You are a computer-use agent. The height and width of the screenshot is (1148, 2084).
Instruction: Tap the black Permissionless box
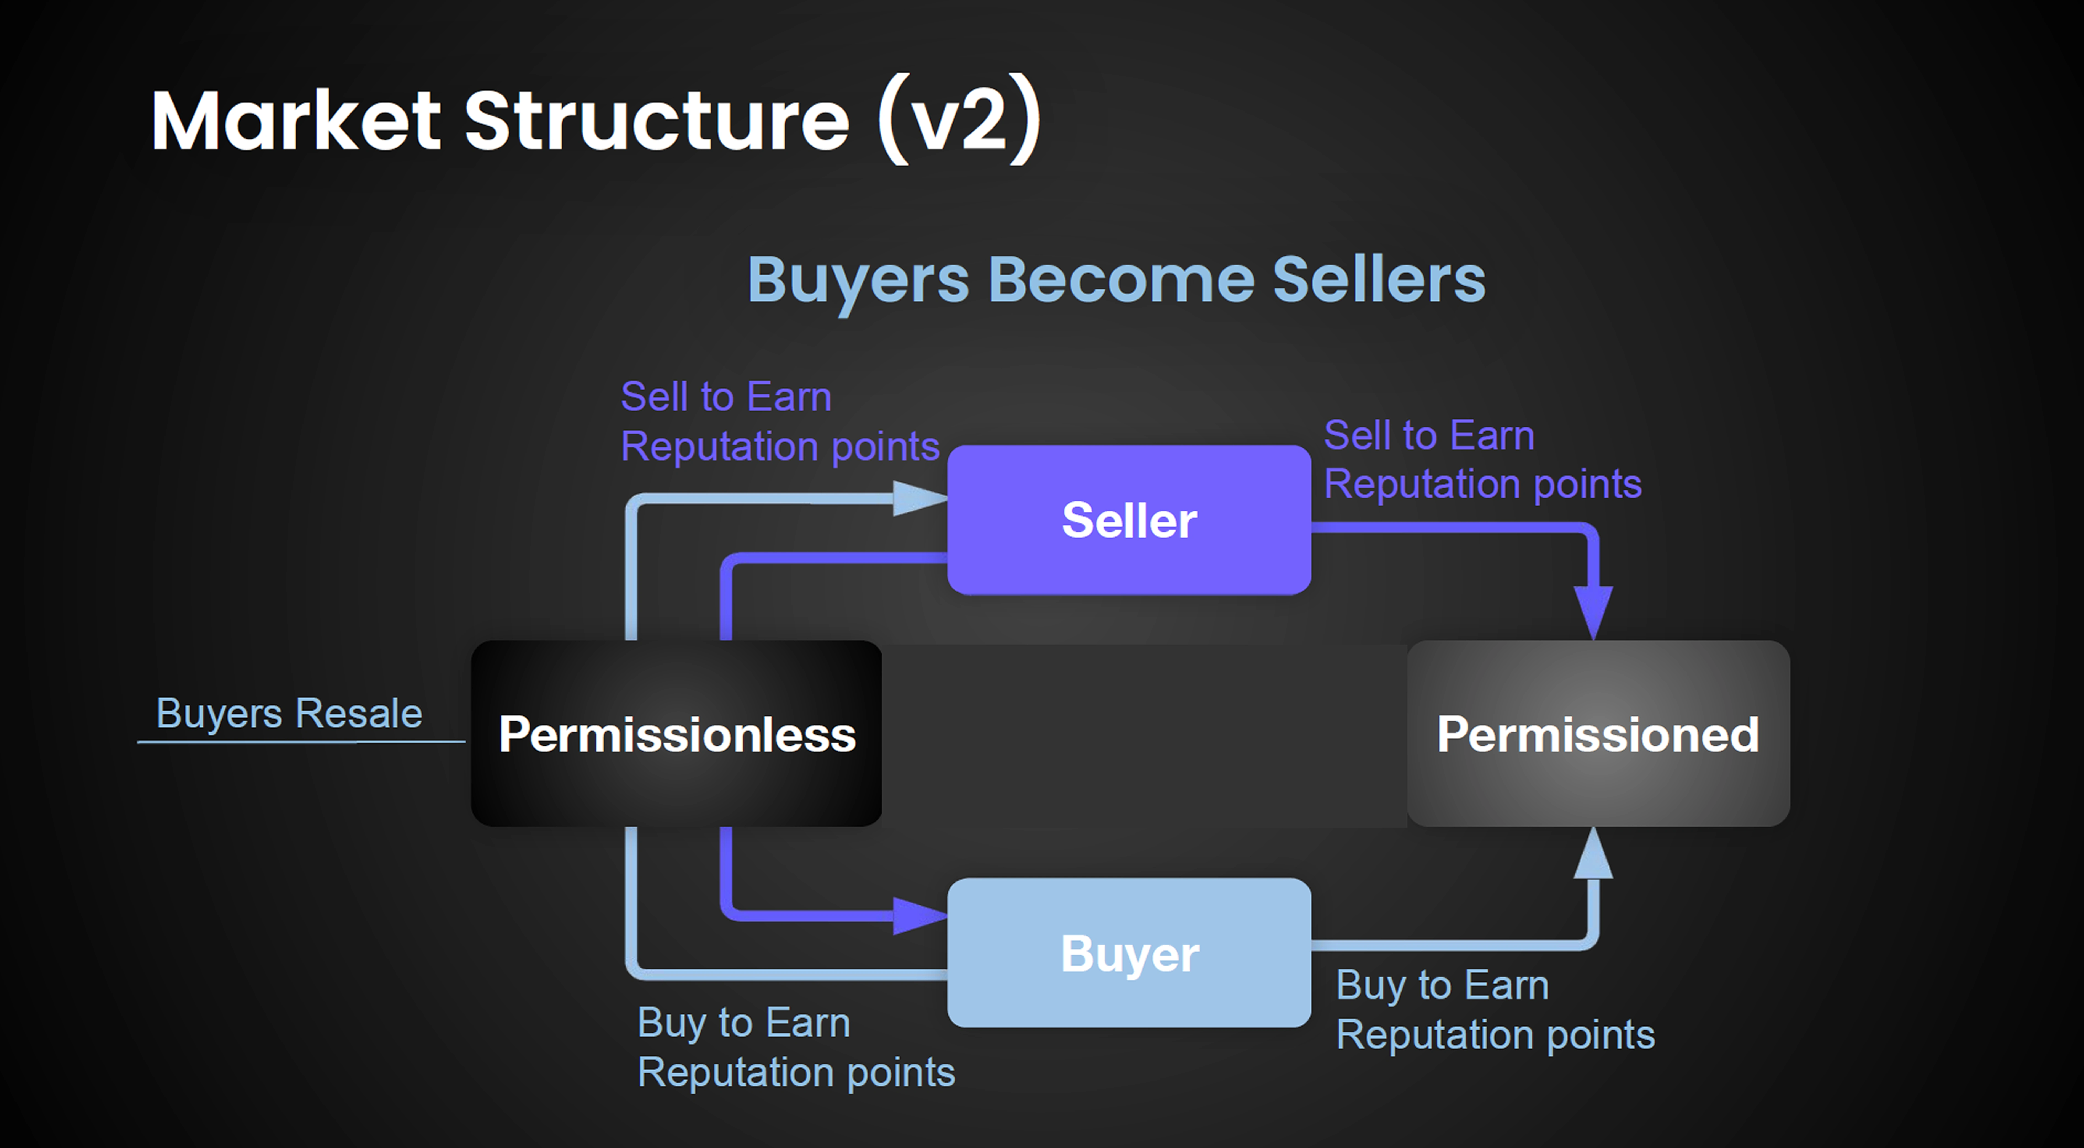[x=676, y=733]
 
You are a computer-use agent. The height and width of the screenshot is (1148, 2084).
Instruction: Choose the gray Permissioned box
[x=1599, y=733]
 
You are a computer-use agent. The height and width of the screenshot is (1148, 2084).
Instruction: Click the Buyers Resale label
[x=289, y=714]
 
